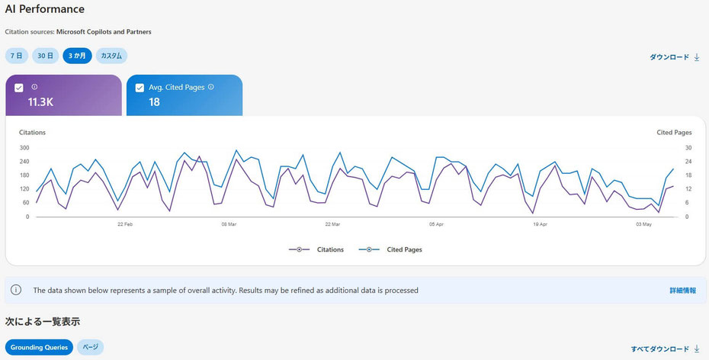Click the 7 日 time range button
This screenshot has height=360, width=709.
pyautogui.click(x=17, y=56)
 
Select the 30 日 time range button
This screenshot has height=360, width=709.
pyautogui.click(x=45, y=56)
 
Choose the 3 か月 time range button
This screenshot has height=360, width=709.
pyautogui.click(x=77, y=56)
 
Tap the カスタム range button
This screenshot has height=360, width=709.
pyautogui.click(x=111, y=56)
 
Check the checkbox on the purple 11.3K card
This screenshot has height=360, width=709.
pyautogui.click(x=19, y=88)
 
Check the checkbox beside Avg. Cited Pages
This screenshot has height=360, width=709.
pyautogui.click(x=140, y=88)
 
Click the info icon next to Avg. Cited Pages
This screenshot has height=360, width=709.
pyautogui.click(x=210, y=87)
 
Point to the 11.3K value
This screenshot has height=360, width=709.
pyautogui.click(x=40, y=102)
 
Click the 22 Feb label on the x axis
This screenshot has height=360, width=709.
pyautogui.click(x=125, y=224)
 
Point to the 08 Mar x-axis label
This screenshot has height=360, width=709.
pyautogui.click(x=229, y=224)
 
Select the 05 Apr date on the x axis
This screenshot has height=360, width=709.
pyautogui.click(x=436, y=224)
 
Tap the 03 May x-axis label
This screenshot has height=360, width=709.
pyautogui.click(x=644, y=224)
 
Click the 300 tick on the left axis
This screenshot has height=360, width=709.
pyautogui.click(x=24, y=148)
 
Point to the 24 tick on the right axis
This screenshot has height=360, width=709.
pyautogui.click(x=688, y=162)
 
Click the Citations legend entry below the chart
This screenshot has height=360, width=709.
pyautogui.click(x=316, y=249)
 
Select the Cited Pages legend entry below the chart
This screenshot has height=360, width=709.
pyautogui.click(x=390, y=249)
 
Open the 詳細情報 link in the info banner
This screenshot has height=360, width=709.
pyautogui.click(x=683, y=291)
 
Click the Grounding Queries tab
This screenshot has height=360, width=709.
pyautogui.click(x=40, y=347)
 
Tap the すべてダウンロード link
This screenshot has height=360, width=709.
pyautogui.click(x=665, y=349)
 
